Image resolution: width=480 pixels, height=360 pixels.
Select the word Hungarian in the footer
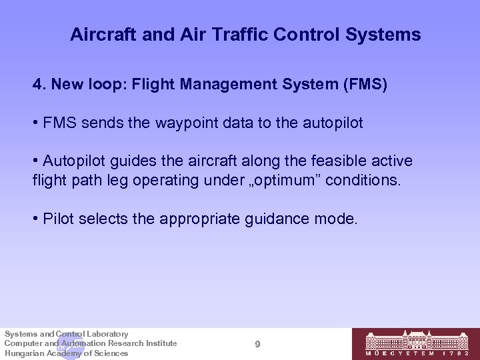[x=25, y=353]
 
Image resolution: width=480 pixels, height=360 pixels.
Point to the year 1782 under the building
[x=460, y=353]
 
